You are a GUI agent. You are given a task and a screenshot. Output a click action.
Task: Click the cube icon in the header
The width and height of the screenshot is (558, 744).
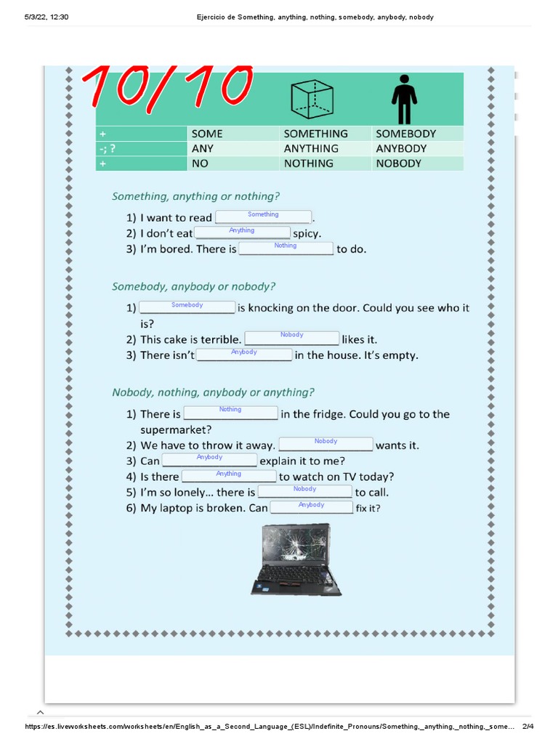click(312, 99)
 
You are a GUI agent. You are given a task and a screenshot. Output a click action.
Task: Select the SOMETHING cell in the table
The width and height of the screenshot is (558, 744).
click(316, 134)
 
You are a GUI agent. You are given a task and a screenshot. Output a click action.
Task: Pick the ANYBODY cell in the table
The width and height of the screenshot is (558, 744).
click(401, 148)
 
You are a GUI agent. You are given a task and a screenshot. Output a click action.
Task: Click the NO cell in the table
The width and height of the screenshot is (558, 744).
click(200, 163)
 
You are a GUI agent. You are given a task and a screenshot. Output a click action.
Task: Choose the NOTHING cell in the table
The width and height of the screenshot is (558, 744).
click(309, 163)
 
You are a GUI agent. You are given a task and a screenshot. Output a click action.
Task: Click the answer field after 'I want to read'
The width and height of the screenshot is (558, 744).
click(263, 217)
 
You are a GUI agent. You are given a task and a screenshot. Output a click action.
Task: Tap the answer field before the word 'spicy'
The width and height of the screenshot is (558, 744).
click(242, 232)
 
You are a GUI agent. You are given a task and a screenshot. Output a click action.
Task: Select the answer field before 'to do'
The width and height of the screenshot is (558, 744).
click(286, 248)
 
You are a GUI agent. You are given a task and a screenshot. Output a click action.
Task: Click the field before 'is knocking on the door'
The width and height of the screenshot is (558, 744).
click(187, 307)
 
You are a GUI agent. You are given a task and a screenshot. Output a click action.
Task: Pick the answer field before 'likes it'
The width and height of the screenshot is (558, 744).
click(291, 338)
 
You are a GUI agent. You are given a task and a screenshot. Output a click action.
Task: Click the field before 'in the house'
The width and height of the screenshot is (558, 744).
click(244, 355)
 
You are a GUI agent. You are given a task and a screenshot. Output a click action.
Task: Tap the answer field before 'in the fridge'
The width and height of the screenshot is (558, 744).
click(230, 413)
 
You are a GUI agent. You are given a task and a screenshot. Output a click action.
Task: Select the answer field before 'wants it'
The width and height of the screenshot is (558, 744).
click(325, 444)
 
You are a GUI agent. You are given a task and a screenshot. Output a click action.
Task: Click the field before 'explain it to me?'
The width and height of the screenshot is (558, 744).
click(209, 460)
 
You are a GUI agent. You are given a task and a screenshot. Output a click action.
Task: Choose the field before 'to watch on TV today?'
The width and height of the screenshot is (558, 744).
click(229, 476)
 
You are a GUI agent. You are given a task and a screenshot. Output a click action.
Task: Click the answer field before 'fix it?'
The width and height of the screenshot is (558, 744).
click(311, 507)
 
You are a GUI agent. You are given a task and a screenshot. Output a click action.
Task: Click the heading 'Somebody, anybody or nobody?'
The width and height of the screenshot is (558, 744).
click(194, 286)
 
